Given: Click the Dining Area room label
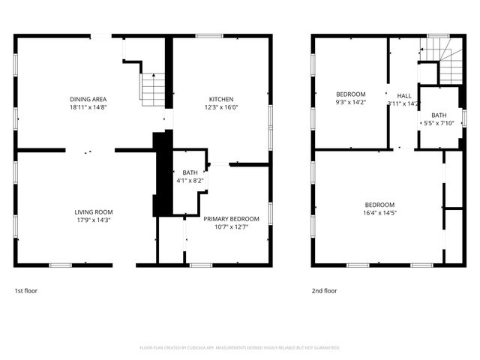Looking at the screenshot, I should click(x=88, y=100).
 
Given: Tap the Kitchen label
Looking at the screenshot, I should click(x=221, y=100).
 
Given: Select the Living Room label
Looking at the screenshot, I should click(x=94, y=212).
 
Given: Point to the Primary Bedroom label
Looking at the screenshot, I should click(x=232, y=219).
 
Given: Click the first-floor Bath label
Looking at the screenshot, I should click(x=190, y=173).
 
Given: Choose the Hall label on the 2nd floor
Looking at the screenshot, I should click(x=404, y=96).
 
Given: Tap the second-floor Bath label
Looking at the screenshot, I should click(x=439, y=115).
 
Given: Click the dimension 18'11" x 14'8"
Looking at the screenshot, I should click(x=88, y=107).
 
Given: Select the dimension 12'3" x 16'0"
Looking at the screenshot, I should click(x=221, y=107).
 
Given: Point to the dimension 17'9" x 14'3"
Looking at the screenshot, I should click(x=94, y=220).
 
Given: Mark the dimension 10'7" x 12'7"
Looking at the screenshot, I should click(x=232, y=226).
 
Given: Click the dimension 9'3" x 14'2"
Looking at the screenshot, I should click(x=350, y=102).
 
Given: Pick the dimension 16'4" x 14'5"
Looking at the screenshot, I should click(x=380, y=212).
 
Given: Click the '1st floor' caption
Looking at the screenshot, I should click(x=27, y=290).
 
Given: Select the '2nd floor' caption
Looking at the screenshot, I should click(x=324, y=290).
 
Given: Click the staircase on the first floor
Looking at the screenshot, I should click(x=152, y=88).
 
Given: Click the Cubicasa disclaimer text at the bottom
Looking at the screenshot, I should click(x=240, y=348).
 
